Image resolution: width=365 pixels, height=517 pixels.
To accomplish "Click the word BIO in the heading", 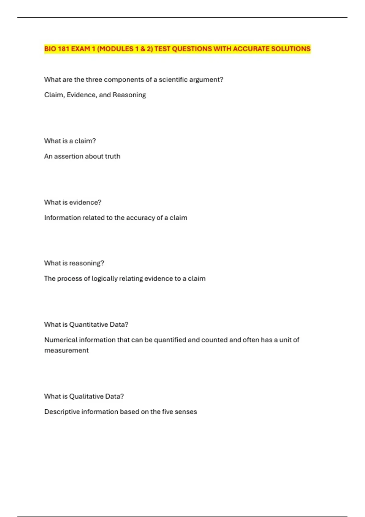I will [x=50, y=49].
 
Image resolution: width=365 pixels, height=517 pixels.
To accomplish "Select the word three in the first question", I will [x=94, y=80].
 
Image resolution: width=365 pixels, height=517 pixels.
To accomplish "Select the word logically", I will [x=105, y=279].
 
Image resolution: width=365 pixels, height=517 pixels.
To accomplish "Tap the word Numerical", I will [x=61, y=340].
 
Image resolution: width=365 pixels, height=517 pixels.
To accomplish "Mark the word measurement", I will [x=66, y=350].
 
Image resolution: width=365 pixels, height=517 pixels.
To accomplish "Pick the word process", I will [x=69, y=279].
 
